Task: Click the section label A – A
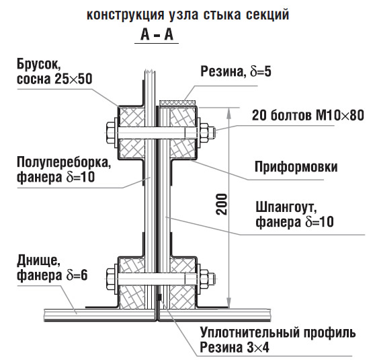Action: tap(157, 35)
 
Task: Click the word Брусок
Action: tap(38, 65)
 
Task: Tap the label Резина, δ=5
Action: tap(236, 71)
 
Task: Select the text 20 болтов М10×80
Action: tap(308, 115)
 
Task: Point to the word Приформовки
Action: tap(296, 167)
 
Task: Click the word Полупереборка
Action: tap(64, 163)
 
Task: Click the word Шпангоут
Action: tap(286, 207)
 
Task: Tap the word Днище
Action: tap(38, 261)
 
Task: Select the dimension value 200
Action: tap(221, 204)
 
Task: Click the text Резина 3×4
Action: tap(235, 347)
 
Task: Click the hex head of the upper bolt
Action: tap(111, 133)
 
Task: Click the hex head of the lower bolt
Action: tap(111, 279)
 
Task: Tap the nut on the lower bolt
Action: tap(204, 279)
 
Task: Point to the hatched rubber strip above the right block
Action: tap(178, 102)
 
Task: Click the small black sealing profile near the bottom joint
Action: tap(159, 297)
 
